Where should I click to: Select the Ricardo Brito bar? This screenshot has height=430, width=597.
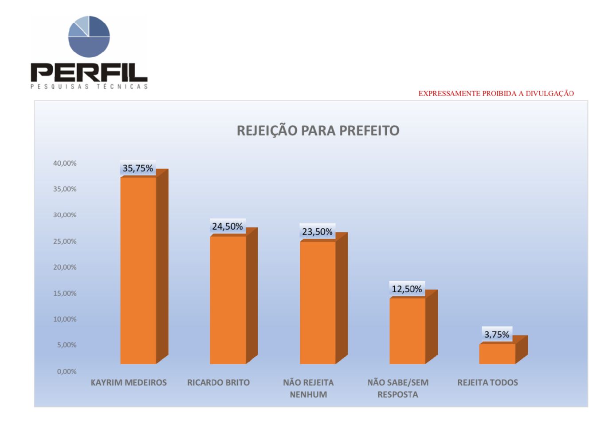pos(228,300)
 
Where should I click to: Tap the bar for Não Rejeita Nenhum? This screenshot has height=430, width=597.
pos(318,303)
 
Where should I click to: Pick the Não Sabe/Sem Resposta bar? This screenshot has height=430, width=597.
pos(407,330)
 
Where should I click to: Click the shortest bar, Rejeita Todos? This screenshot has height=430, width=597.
pos(497,354)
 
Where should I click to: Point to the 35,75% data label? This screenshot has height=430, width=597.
pos(138,168)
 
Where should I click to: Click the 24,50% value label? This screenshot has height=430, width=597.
pos(228,227)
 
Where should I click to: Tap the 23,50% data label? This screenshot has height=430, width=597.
pos(317,232)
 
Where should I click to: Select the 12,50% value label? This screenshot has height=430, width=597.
pos(407,289)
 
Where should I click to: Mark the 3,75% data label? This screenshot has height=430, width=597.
pos(497,334)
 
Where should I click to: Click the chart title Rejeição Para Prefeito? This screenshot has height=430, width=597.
pos(318,131)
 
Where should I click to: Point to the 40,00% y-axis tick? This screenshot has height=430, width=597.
pos(65,163)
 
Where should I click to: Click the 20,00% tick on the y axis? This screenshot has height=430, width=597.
pos(65,267)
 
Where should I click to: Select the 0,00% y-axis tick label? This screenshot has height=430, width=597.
pos(67,371)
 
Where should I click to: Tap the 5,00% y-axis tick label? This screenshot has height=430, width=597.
pos(67,345)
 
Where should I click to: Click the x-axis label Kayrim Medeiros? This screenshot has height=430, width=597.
pos(129,382)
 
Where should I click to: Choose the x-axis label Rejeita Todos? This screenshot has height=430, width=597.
pos(487,382)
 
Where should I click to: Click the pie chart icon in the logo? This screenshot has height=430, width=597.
pos(89,36)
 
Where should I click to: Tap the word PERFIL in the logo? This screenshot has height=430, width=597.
pos(89,72)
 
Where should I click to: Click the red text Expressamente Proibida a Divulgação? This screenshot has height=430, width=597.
pos(496,94)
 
